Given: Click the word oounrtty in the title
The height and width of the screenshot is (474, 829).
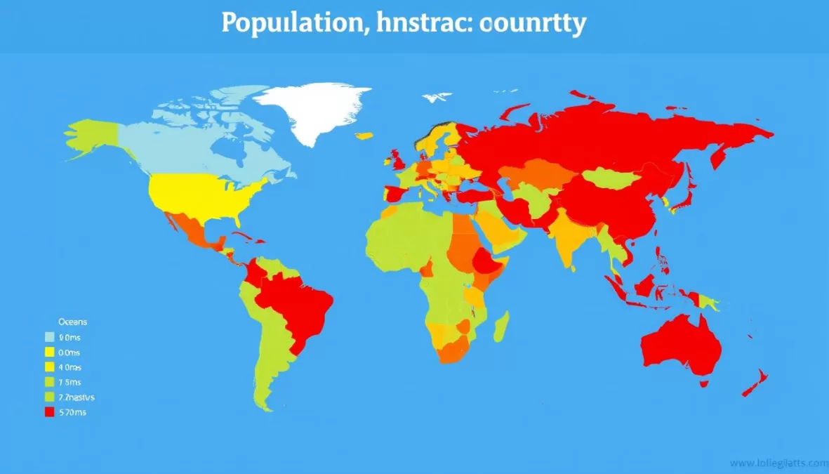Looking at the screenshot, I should point(533,24).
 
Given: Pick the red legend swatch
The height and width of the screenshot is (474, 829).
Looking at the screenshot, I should point(49,412).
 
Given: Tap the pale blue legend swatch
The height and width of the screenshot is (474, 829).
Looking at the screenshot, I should point(49,337).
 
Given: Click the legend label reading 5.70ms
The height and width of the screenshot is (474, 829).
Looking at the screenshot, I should point(72,412).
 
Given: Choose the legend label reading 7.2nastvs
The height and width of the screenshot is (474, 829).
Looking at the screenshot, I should point(77,397).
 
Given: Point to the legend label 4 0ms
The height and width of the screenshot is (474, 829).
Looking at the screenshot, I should point(70,367).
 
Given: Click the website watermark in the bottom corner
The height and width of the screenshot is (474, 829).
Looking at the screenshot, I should point(778,463).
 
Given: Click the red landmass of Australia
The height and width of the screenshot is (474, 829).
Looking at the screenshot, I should point(681,348).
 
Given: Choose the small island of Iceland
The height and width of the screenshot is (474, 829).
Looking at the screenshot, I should point(364,136).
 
